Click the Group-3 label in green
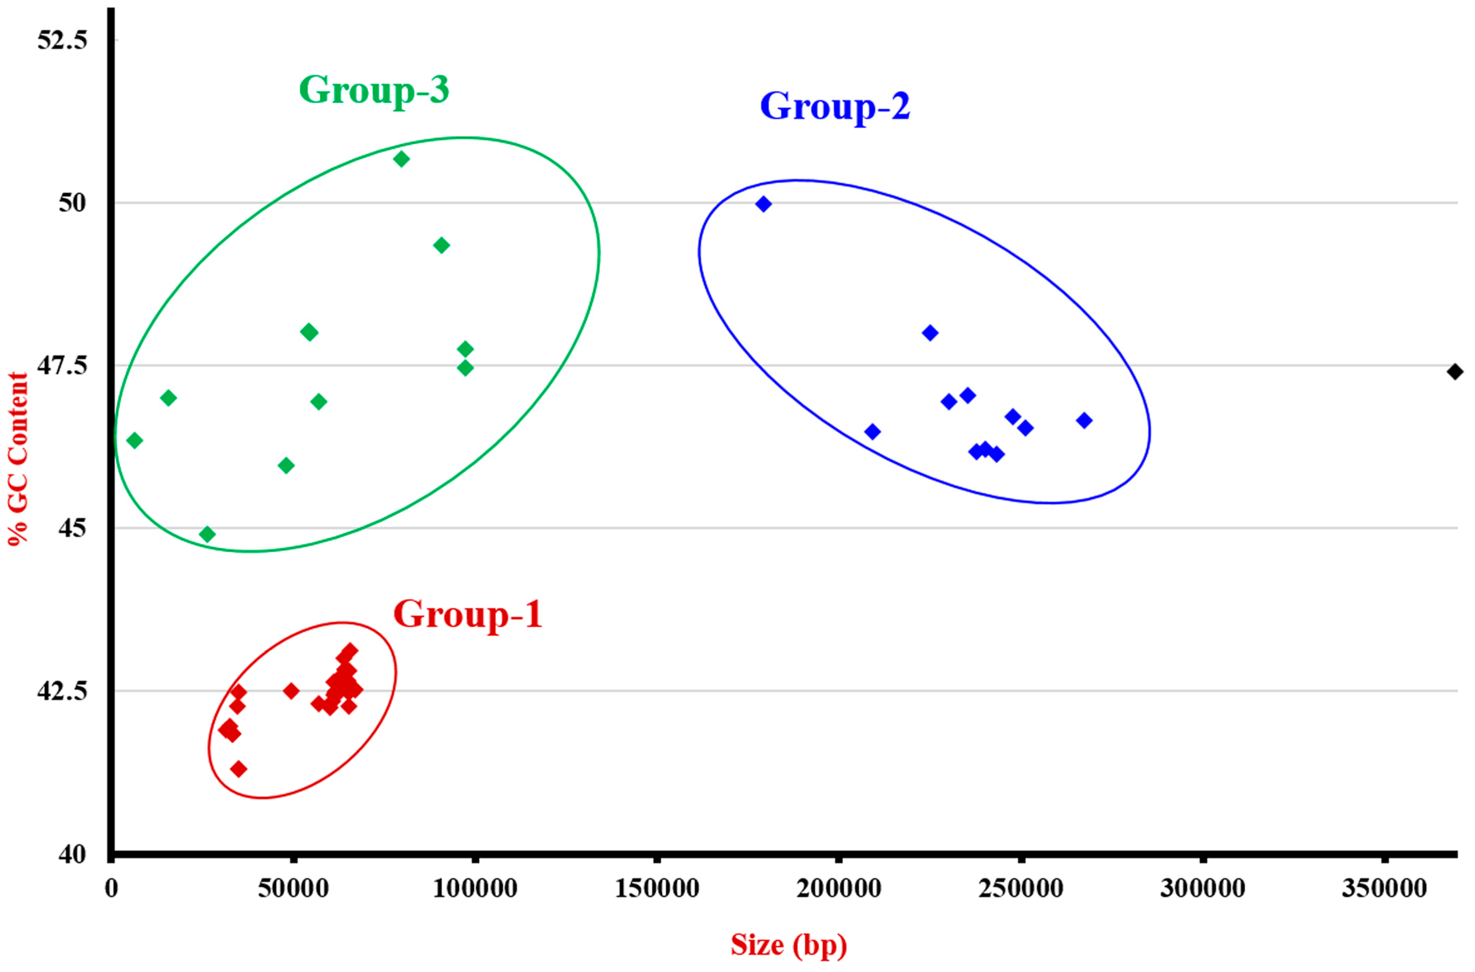374,90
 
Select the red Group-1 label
467,614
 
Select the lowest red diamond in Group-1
239,769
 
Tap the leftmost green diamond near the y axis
134,441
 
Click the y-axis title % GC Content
18,459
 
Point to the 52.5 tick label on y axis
62,40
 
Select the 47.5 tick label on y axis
62,366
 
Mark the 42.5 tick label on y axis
62,691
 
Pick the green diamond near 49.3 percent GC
442,246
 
